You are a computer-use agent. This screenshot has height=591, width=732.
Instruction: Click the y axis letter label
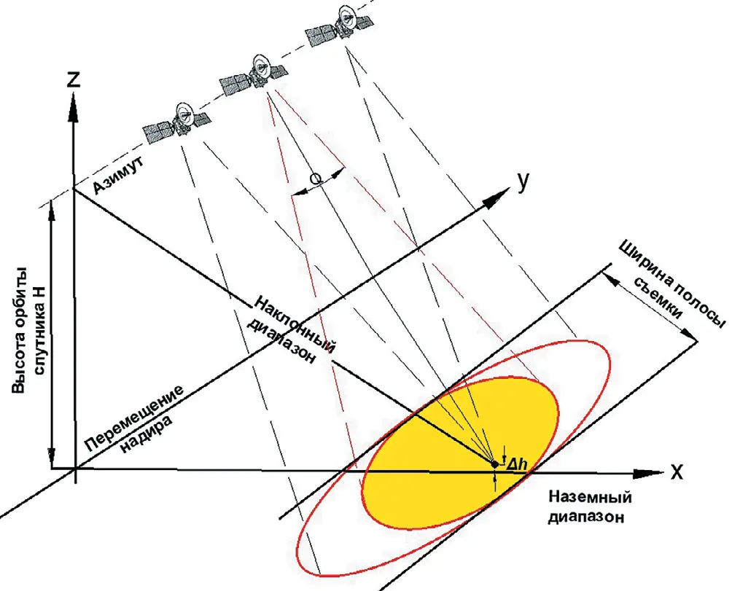coord(522,181)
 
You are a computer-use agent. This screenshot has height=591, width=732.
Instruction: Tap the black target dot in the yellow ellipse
coord(494,463)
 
